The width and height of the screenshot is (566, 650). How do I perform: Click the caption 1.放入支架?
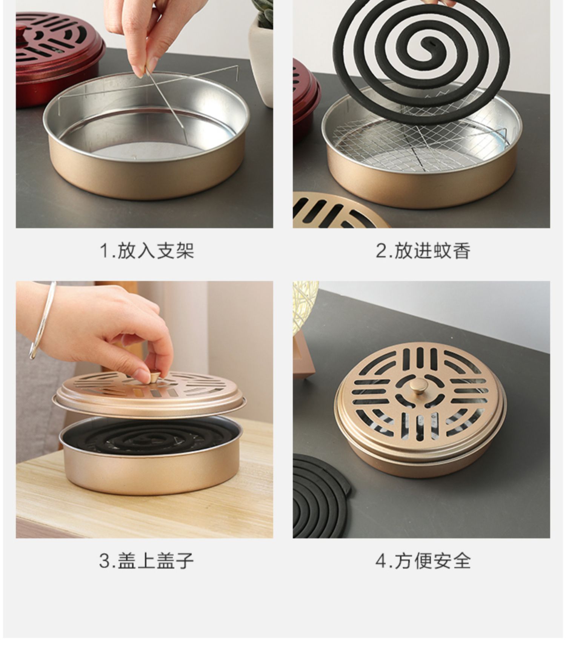pos(147,251)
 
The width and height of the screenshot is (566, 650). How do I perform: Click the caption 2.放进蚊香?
pos(423,251)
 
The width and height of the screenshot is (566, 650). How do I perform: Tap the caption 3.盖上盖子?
pos(146,561)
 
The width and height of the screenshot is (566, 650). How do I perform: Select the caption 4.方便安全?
pos(423,561)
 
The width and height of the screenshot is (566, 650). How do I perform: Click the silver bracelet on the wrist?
pos(42,321)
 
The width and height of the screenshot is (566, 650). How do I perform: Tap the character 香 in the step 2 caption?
pos(461,251)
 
